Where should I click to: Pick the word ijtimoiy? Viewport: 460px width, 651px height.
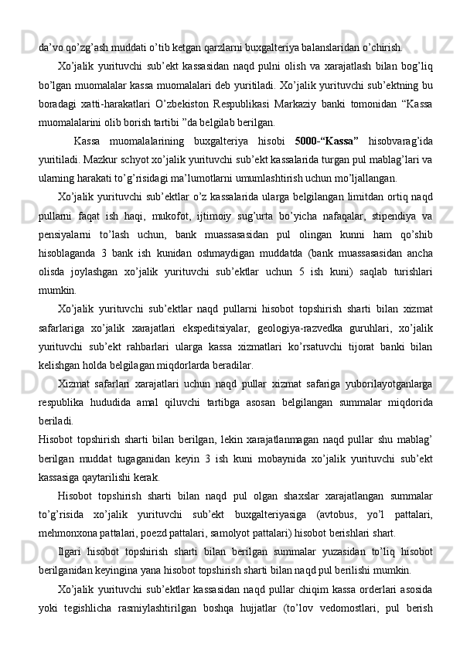(x=240, y=209)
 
